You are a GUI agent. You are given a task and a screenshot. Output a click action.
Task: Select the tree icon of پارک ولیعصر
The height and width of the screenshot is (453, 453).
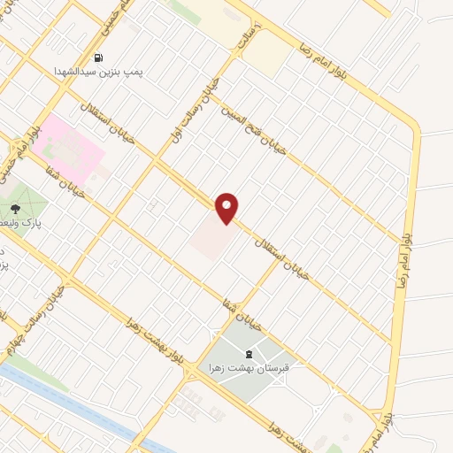15,209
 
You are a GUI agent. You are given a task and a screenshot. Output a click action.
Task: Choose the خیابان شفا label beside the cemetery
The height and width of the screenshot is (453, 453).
242,309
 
